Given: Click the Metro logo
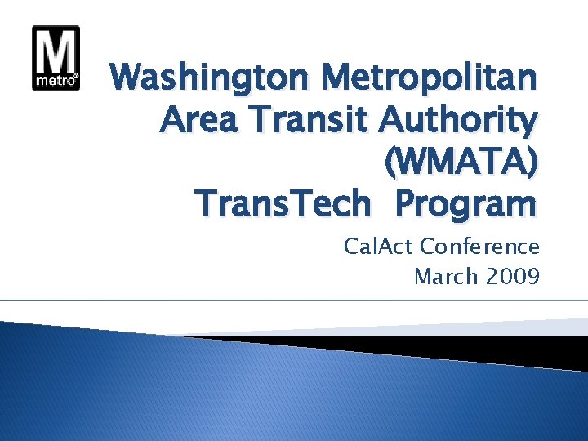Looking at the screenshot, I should click(x=56, y=58).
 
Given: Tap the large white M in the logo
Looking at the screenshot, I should click(x=56, y=51).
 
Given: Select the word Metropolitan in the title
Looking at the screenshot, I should click(x=430, y=80).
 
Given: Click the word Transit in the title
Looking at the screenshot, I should click(x=310, y=122).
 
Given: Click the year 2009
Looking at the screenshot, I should click(x=513, y=277).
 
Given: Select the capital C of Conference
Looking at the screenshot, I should click(x=428, y=247).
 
